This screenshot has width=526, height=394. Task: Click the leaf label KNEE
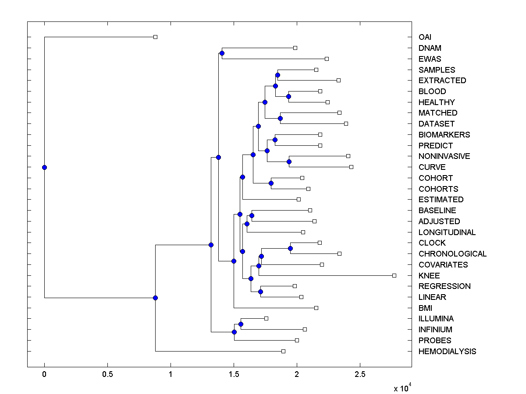[429, 276]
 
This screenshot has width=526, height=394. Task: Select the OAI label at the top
[425, 37]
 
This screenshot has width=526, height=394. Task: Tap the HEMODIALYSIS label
[447, 352]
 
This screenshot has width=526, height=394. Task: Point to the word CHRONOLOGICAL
[452, 254]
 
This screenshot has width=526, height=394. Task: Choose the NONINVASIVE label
[444, 156]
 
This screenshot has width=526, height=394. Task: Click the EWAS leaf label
[430, 59]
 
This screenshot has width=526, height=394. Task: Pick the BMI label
[425, 308]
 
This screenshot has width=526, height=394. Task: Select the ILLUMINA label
[436, 319]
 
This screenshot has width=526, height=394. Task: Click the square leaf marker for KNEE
[394, 275]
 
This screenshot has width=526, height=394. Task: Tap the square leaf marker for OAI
[155, 37]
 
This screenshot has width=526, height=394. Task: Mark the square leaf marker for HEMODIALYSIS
[283, 351]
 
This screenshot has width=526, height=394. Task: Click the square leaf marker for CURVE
[351, 167]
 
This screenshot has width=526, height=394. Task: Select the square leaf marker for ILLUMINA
[266, 318]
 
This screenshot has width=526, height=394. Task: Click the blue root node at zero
[44, 167]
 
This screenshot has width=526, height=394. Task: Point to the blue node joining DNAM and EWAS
[222, 53]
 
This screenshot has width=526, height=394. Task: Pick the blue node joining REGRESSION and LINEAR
[260, 292]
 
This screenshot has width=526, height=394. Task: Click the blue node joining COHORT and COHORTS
[271, 183]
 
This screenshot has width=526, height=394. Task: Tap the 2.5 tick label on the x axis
[360, 375]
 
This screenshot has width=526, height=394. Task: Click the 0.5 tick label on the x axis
[107, 375]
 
